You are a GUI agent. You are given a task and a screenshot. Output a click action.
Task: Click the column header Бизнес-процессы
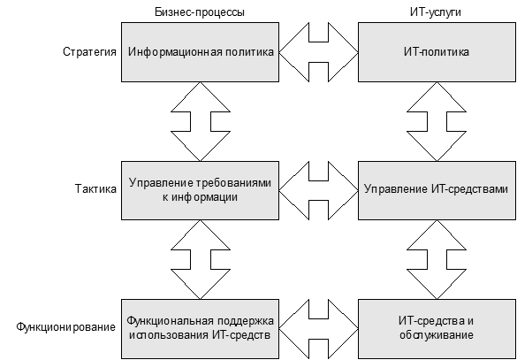tap(200, 12)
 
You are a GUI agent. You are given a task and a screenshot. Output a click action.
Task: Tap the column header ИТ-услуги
tap(436, 12)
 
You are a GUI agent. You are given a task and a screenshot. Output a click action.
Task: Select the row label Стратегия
tap(89, 52)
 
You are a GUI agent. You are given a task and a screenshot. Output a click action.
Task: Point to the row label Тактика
tap(95, 189)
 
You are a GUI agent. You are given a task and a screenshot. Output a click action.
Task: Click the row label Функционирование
tap(66, 327)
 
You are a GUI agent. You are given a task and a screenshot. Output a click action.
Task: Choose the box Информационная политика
tap(200, 52)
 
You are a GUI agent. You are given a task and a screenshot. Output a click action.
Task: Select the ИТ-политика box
tap(437, 52)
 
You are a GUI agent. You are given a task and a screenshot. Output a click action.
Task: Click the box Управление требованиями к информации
tap(200, 190)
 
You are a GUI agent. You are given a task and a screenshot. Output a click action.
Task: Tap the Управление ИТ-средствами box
tap(437, 190)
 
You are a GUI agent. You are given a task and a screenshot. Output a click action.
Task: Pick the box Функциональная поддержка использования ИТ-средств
tap(200, 329)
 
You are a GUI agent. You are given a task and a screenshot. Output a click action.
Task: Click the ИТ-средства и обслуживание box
tap(437, 329)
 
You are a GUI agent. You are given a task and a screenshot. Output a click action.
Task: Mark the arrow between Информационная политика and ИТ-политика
tap(318, 52)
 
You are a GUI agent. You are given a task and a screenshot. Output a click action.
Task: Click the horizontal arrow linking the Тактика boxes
tap(318, 190)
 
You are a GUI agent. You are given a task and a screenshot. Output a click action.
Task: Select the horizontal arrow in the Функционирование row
tap(318, 329)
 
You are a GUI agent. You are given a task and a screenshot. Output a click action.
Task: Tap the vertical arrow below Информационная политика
tap(200, 121)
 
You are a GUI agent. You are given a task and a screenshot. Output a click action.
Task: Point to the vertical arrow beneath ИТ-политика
tap(437, 121)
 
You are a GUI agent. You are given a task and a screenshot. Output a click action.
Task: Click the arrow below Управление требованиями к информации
tap(200, 259)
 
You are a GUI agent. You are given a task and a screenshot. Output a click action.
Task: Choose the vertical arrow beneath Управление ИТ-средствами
tap(437, 259)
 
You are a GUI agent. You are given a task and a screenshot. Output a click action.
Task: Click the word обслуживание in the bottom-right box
tap(437, 335)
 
